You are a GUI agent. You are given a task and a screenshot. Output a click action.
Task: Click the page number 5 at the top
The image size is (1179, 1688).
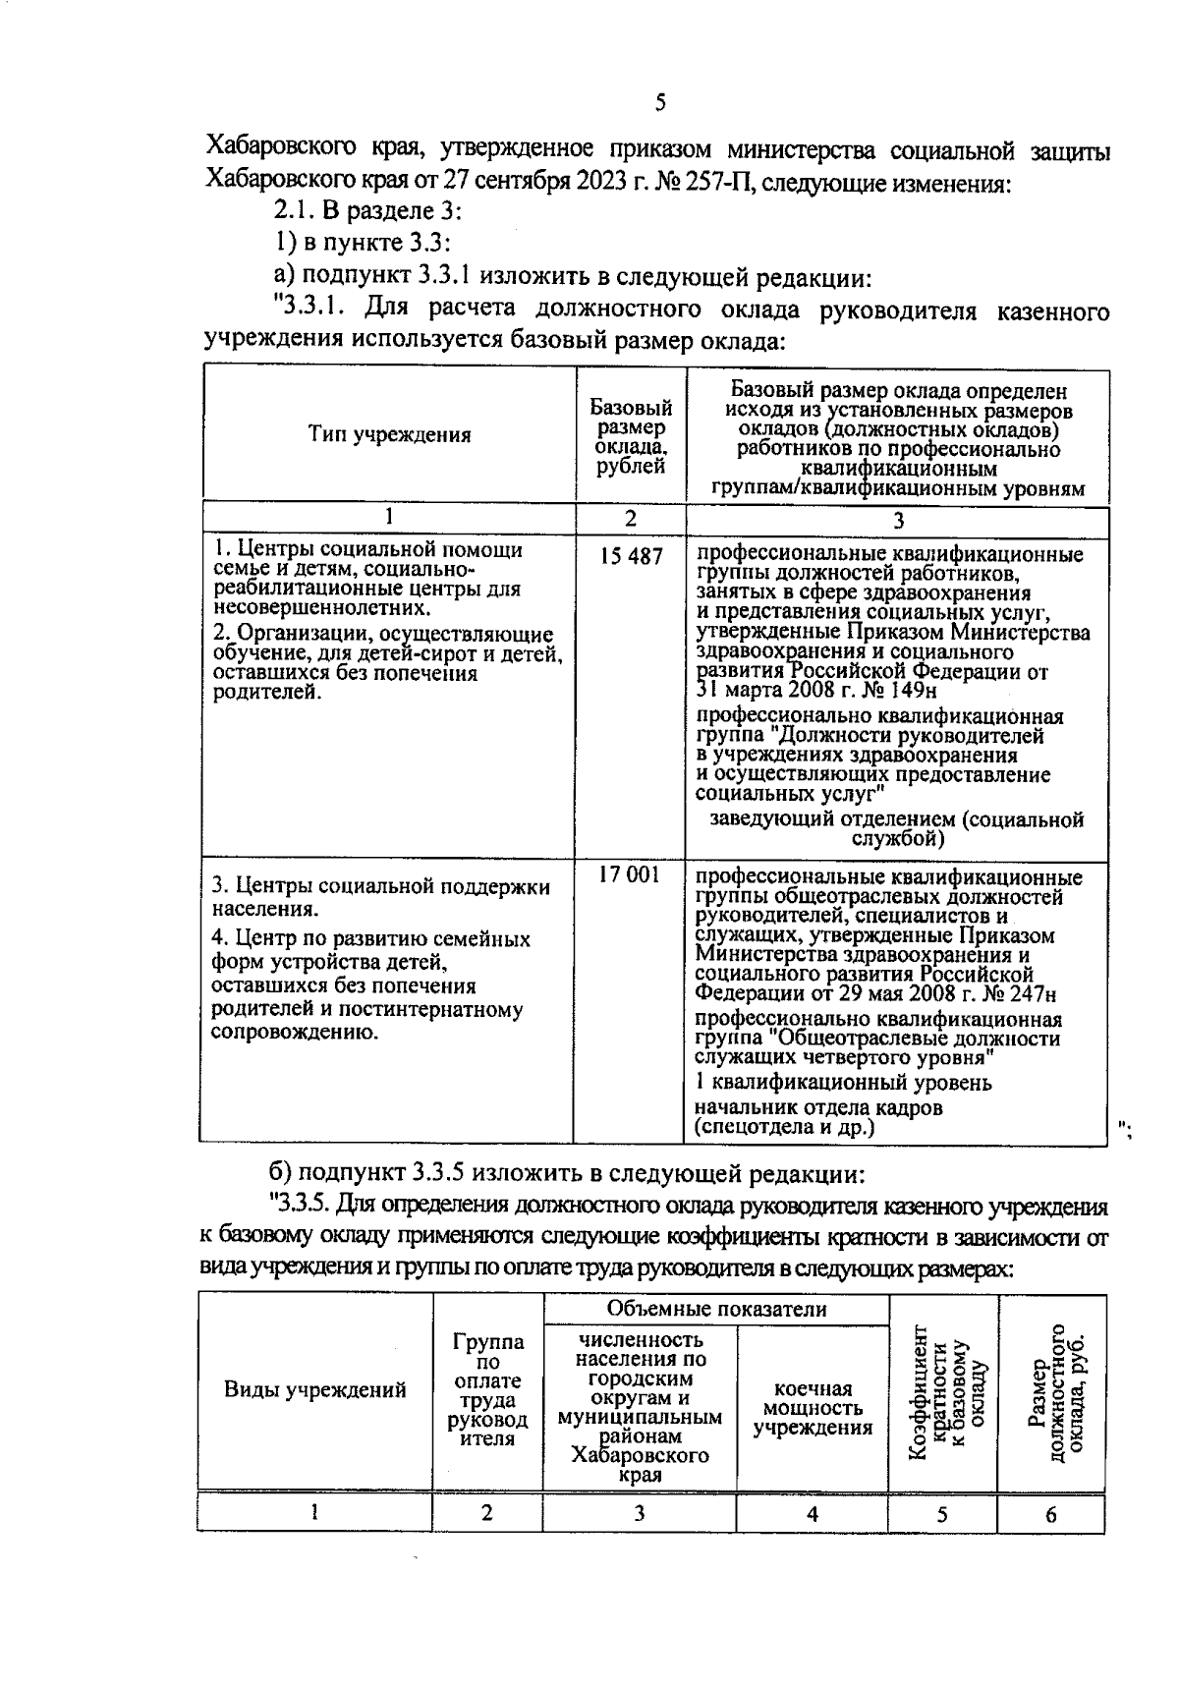point(659,102)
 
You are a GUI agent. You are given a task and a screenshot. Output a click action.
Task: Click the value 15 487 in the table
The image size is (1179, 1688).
point(632,556)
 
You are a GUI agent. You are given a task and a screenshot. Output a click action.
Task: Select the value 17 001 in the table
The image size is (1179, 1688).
point(630,873)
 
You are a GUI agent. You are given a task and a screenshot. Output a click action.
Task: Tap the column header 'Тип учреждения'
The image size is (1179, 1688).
point(389,435)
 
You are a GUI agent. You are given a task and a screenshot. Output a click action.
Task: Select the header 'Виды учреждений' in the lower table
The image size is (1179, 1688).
point(315,1389)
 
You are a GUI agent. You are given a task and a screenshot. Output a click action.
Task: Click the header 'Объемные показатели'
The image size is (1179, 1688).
point(716,1309)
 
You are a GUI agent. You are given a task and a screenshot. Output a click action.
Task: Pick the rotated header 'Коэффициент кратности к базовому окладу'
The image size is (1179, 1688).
point(943,1392)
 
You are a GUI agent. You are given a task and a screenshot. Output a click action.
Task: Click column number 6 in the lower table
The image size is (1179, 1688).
point(1050,1542)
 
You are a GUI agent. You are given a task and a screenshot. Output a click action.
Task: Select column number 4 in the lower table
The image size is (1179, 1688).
point(813,1542)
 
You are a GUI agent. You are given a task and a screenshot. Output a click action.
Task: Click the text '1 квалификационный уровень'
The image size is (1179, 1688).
point(843,1083)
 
